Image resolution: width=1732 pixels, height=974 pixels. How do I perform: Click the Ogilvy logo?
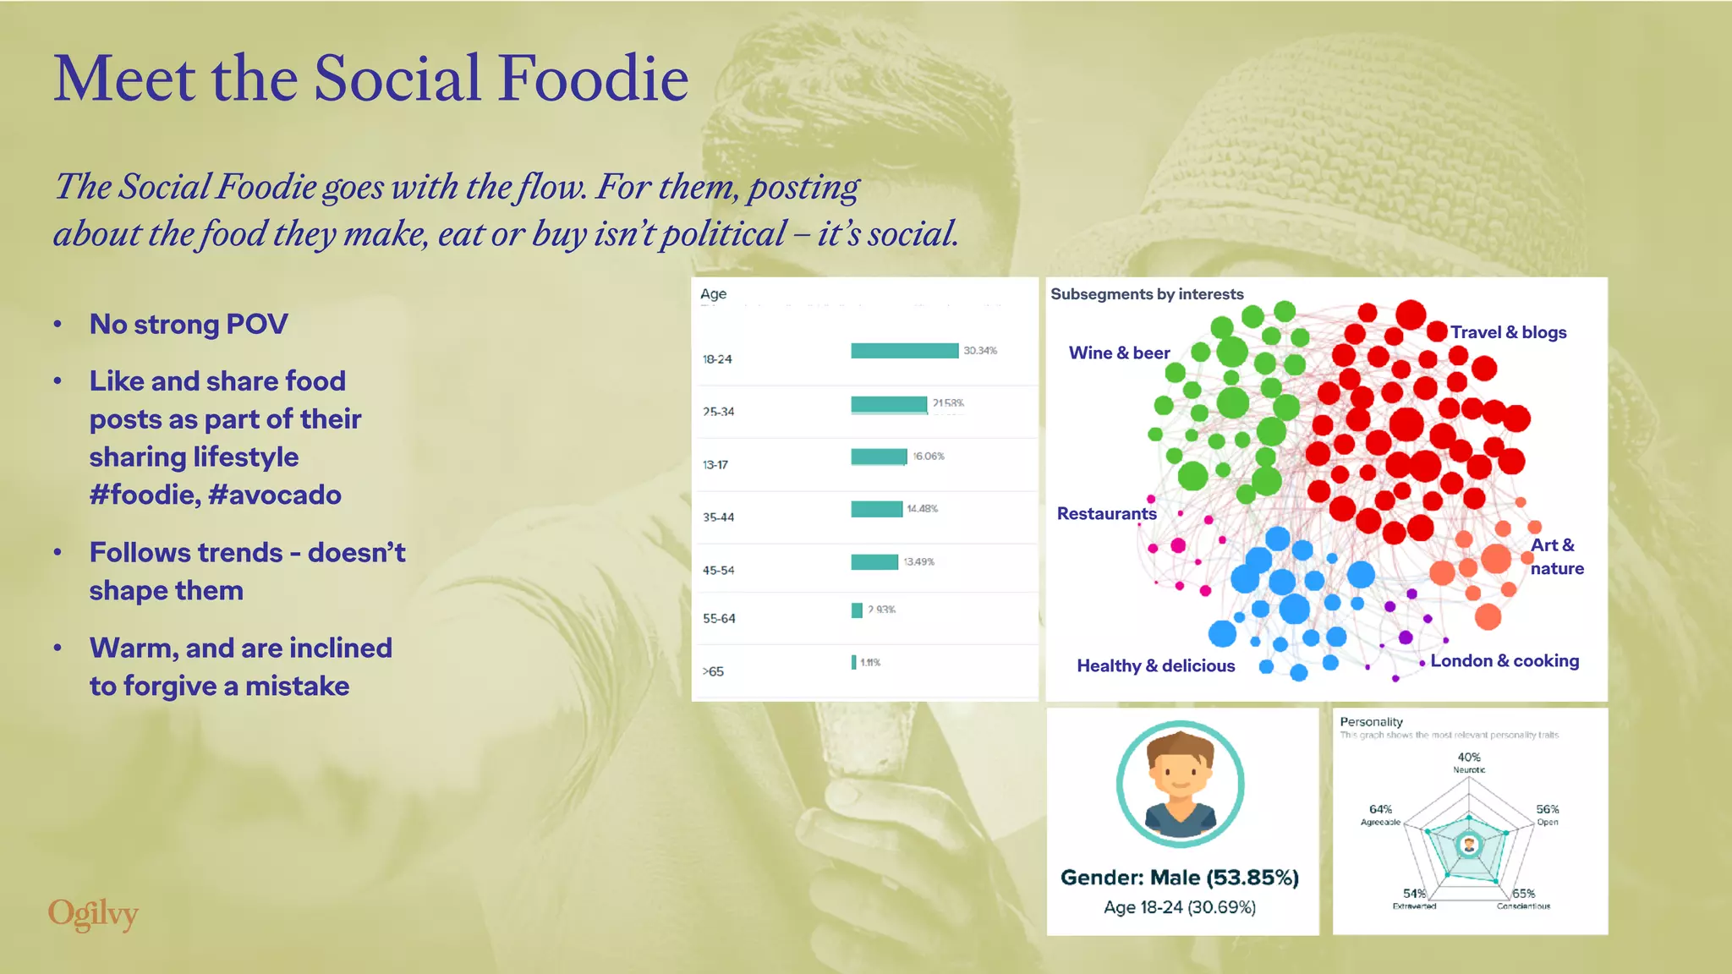pyautogui.click(x=93, y=914)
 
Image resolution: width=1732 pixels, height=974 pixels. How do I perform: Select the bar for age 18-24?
pyautogui.click(x=904, y=351)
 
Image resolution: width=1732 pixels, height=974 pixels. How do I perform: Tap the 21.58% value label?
pyautogui.click(x=948, y=403)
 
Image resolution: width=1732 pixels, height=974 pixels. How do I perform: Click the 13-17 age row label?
pyautogui.click(x=715, y=465)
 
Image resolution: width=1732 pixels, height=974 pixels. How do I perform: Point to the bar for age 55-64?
pyautogui.click(x=857, y=610)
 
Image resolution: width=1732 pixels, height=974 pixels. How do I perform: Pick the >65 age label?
pyautogui.click(x=713, y=671)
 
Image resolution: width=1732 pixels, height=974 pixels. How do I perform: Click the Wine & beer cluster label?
pyautogui.click(x=1119, y=353)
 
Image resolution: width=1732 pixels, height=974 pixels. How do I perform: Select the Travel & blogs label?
pyautogui.click(x=1509, y=332)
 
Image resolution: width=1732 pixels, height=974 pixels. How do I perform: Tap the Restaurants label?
pyautogui.click(x=1106, y=513)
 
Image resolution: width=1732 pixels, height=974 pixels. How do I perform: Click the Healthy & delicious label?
pyautogui.click(x=1155, y=665)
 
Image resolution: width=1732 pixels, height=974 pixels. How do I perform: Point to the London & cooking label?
pyautogui.click(x=1505, y=660)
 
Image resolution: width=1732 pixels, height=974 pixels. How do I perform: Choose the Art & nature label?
pyautogui.click(x=1556, y=556)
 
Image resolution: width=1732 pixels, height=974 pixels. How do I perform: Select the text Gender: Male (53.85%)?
pyautogui.click(x=1179, y=878)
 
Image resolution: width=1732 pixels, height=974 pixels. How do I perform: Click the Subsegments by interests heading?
pyautogui.click(x=1147, y=294)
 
